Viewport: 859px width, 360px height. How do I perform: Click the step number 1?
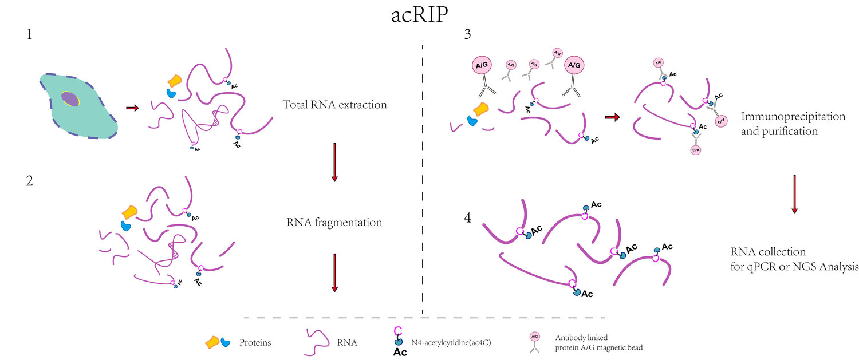point(29,35)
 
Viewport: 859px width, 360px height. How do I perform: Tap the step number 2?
point(29,182)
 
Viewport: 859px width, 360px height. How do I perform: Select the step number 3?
point(467,35)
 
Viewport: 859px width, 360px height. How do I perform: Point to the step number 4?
point(467,219)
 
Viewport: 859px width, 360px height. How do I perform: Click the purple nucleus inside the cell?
point(70,99)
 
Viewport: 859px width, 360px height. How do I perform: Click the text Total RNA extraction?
point(334,105)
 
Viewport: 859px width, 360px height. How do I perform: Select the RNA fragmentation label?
point(334,222)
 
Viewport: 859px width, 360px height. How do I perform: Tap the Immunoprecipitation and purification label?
point(793,123)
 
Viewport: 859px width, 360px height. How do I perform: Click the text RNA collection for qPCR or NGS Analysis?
point(794,259)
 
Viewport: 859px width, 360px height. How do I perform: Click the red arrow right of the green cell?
point(132,108)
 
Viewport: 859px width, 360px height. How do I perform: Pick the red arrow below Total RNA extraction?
point(334,162)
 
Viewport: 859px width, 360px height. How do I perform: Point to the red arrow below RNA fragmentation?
point(334,272)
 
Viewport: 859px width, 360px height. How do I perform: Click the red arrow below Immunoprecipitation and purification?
point(794,195)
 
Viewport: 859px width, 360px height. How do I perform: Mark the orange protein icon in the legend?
point(212,342)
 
